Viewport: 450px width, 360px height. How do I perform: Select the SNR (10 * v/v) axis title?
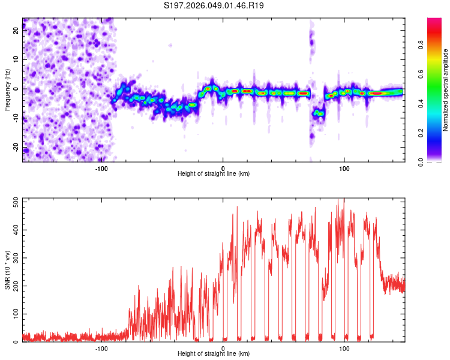tap(7, 270)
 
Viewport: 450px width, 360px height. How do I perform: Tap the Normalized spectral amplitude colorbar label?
tap(445, 90)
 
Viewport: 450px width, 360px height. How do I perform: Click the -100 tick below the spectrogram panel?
tap(101, 168)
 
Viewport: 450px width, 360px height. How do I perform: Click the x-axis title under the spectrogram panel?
tap(214, 174)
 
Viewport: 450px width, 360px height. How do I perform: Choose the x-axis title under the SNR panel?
tap(214, 354)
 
